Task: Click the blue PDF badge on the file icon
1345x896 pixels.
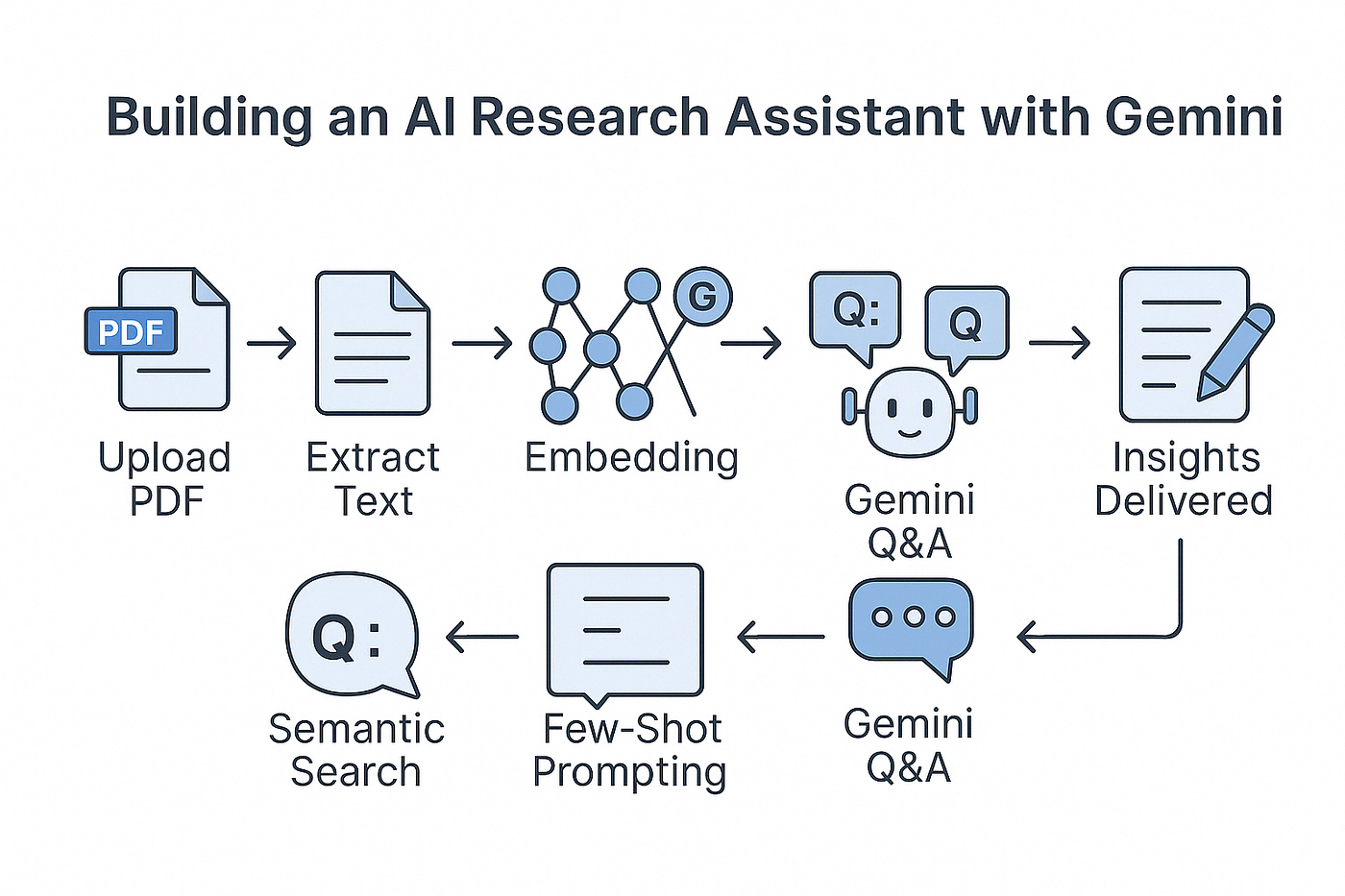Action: pos(132,331)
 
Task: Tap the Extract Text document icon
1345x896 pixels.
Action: pos(373,343)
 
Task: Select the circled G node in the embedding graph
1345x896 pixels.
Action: pos(702,296)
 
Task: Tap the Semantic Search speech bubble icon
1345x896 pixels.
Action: pos(352,635)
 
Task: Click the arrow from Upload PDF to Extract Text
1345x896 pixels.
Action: pos(272,343)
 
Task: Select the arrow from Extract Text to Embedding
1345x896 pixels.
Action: pos(482,343)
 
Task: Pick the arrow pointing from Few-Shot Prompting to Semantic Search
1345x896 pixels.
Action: pos(483,636)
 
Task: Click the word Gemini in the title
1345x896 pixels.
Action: pos(1193,117)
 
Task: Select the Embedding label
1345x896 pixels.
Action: pos(631,457)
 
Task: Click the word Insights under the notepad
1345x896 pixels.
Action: pos(1186,457)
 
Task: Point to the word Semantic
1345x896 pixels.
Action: pos(356,729)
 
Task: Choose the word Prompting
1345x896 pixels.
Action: pos(629,772)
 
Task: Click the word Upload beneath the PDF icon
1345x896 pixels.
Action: pos(164,457)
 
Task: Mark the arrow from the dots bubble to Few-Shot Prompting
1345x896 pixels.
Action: pos(781,636)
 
